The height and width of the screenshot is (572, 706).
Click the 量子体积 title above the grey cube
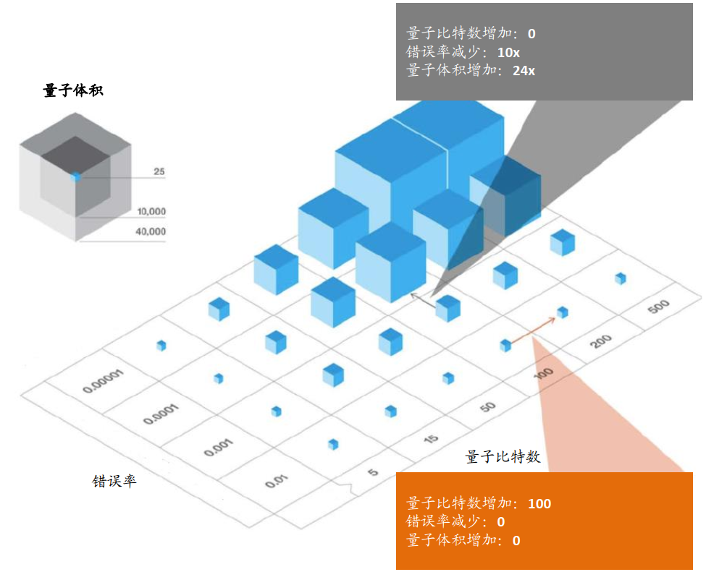pyautogui.click(x=73, y=90)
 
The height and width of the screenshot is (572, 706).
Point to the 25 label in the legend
pyautogui.click(x=159, y=171)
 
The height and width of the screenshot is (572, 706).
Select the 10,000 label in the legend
pyautogui.click(x=151, y=211)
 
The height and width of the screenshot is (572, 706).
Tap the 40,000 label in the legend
pyautogui.click(x=151, y=231)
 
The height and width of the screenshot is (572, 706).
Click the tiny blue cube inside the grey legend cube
pyautogui.click(x=76, y=176)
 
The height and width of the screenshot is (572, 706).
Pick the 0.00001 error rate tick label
pyautogui.click(x=103, y=382)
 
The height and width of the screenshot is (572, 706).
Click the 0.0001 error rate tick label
pyautogui.click(x=161, y=414)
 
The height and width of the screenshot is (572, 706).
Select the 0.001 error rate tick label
pyautogui.click(x=219, y=448)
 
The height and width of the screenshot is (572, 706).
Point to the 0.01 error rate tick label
pyautogui.click(x=276, y=481)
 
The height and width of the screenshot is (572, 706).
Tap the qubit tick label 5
pyautogui.click(x=373, y=472)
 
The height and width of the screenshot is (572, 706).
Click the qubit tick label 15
pyautogui.click(x=431, y=438)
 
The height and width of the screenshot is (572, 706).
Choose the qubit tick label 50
pyautogui.click(x=487, y=407)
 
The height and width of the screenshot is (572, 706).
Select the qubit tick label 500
pyautogui.click(x=659, y=307)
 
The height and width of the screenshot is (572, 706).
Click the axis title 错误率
pyautogui.click(x=114, y=481)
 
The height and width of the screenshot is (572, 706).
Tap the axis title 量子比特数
pyautogui.click(x=503, y=457)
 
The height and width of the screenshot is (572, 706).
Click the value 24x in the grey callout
pyautogui.click(x=524, y=71)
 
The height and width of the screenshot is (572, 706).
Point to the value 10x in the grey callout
pyautogui.click(x=508, y=53)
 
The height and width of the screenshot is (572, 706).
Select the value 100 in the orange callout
pyautogui.click(x=539, y=503)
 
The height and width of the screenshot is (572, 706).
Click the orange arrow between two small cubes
pyautogui.click(x=533, y=331)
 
